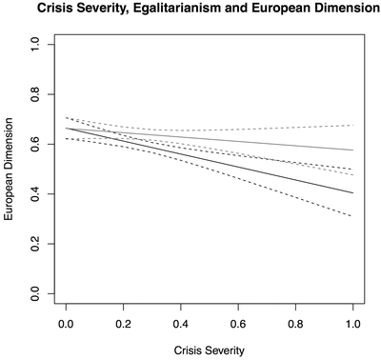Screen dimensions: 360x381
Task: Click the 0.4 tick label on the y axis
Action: (x=37, y=194)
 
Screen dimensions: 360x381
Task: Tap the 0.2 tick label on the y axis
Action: (x=37, y=245)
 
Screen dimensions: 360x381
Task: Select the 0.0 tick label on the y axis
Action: (x=37, y=295)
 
